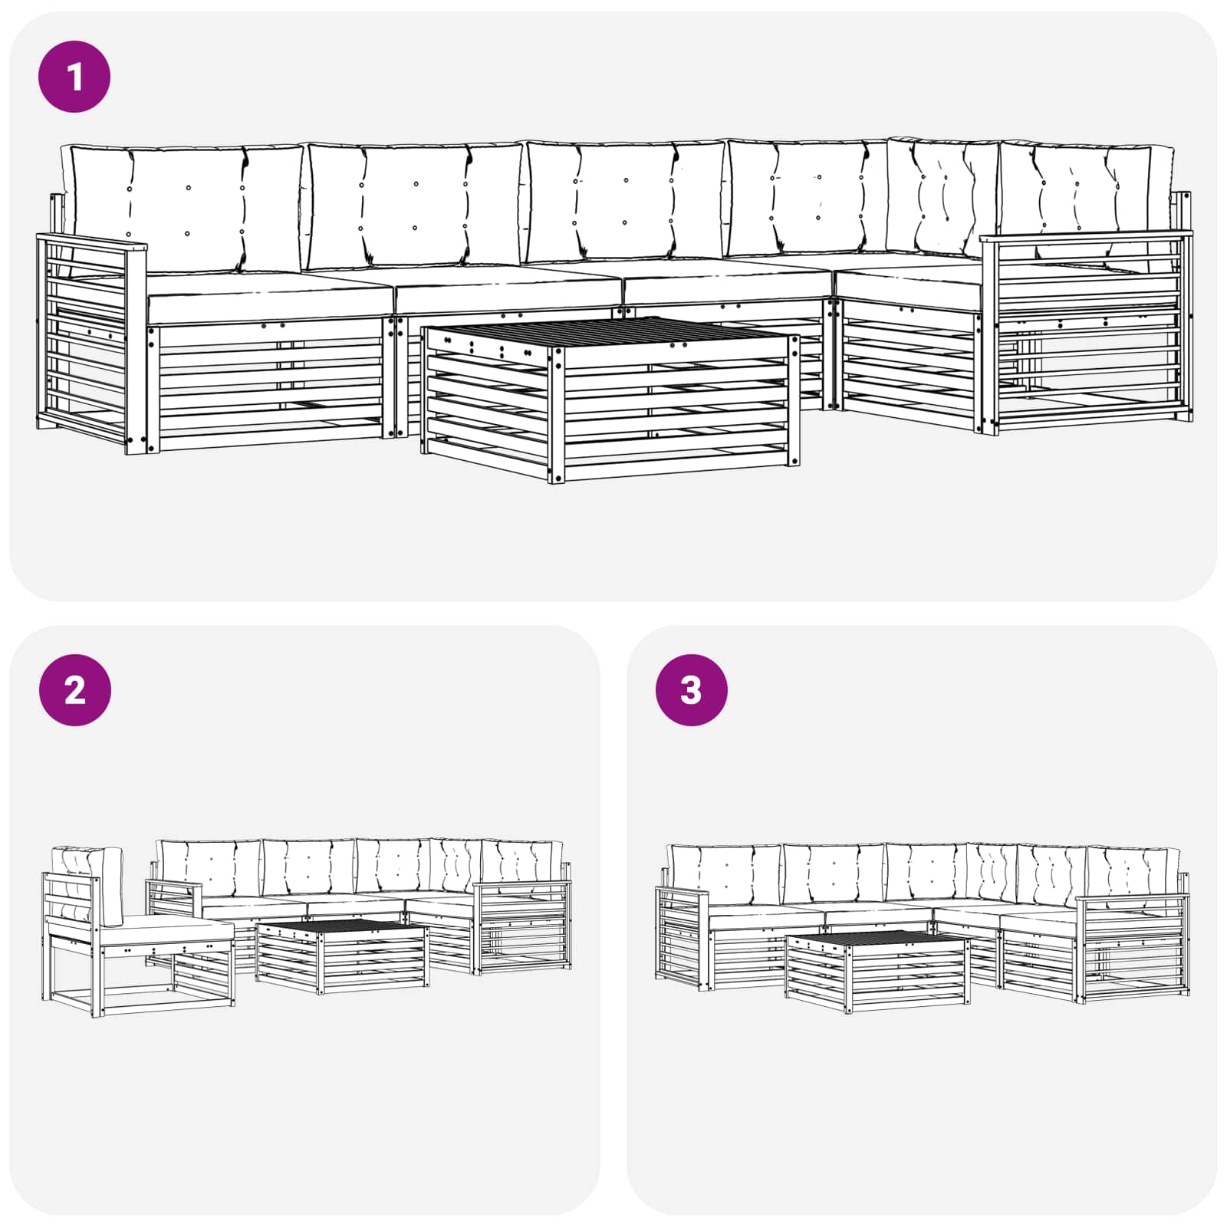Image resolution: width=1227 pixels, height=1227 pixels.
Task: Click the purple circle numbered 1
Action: (x=74, y=77)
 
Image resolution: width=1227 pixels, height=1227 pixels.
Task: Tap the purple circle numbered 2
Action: (x=74, y=690)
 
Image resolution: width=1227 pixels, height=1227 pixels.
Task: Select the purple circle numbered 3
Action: (x=691, y=690)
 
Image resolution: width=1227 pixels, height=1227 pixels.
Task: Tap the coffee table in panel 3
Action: (x=877, y=970)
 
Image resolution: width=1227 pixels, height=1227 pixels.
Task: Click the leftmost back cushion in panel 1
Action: (x=184, y=207)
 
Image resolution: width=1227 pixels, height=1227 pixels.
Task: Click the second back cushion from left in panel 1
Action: (x=414, y=203)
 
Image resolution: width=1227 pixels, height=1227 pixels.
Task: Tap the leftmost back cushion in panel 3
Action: (x=725, y=874)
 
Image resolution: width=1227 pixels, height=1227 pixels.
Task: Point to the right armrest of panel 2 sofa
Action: (x=521, y=886)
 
